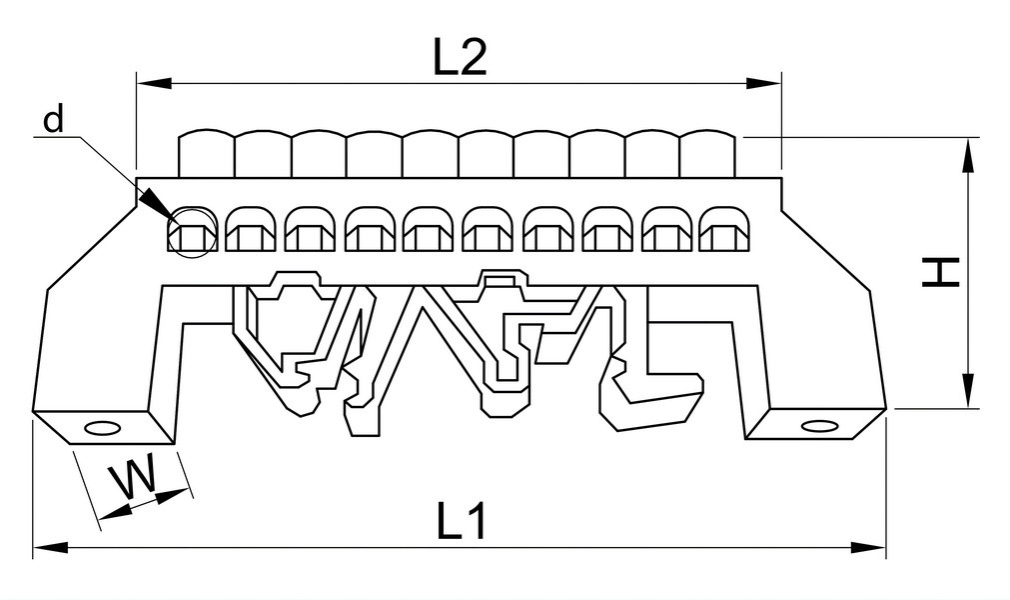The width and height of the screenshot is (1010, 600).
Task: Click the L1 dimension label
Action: point(462,521)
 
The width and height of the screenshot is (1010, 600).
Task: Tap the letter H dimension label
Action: point(941,273)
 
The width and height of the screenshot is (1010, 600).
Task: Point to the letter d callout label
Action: point(54,119)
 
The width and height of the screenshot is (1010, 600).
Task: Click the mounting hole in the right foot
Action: point(819,426)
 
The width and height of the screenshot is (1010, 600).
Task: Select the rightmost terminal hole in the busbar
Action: point(721,229)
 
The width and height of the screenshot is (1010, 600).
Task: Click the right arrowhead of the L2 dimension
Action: point(762,83)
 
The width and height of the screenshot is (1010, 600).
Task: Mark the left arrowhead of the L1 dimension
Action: point(50,548)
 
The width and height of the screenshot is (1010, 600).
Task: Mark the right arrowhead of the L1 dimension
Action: point(868,548)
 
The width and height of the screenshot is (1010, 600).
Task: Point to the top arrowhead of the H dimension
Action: point(967,156)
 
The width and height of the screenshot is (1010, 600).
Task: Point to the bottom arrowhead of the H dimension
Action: point(967,390)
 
